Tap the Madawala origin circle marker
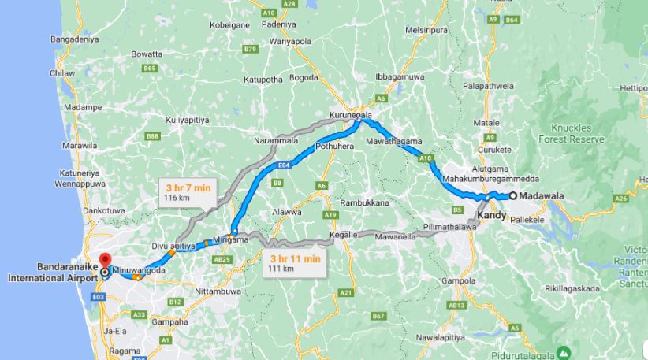click(x=512, y=196)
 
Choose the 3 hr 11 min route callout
click(x=293, y=263)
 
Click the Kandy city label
click(x=491, y=215)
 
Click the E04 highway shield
click(x=285, y=166)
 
